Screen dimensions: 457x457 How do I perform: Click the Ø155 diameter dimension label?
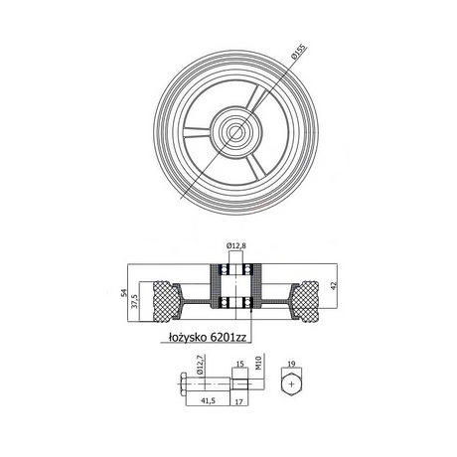point(299,52)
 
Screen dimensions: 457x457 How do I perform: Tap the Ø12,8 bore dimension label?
point(236,246)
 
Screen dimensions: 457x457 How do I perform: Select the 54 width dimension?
point(124,293)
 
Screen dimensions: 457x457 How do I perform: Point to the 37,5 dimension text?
point(135,301)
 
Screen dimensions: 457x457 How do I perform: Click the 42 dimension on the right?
point(334,286)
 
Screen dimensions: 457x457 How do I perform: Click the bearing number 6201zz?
point(228,337)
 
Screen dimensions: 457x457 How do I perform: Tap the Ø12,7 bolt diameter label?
point(199,365)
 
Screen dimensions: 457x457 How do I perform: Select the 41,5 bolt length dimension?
point(208,401)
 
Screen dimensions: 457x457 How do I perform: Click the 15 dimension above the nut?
point(240,365)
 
